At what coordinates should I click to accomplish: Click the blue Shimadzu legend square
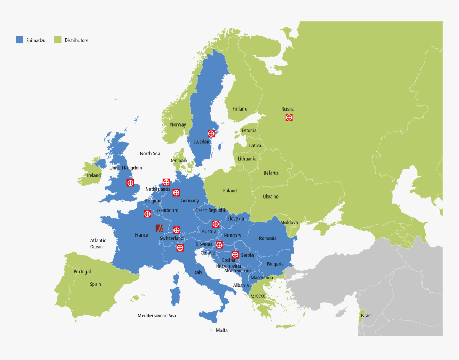20,40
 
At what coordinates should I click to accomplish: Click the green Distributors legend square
58,40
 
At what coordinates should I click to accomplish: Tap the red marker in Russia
289,118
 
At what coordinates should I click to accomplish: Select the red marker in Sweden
211,134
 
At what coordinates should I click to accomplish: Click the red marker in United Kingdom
130,183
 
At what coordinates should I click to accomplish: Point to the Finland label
240,109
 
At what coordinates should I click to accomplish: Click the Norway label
178,125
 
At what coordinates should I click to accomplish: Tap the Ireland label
94,175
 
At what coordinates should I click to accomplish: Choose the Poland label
230,191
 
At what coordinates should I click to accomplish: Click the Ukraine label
270,197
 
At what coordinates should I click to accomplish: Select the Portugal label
82,272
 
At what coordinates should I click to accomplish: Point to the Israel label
366,316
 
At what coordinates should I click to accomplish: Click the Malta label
221,331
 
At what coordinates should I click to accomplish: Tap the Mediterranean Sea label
156,316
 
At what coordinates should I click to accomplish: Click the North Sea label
150,154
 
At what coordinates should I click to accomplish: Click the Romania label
267,238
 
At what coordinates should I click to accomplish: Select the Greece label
258,296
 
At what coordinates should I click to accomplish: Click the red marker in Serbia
235,254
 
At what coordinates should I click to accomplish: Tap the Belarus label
271,173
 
